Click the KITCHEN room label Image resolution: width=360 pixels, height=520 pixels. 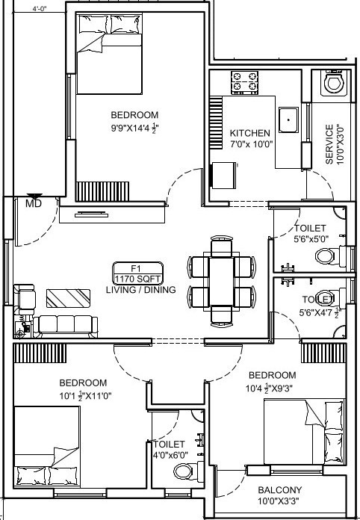click(x=250, y=133)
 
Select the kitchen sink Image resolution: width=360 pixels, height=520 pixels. click(x=288, y=120)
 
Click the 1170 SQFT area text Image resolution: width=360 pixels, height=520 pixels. click(x=138, y=279)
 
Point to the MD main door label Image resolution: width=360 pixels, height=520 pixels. click(x=34, y=203)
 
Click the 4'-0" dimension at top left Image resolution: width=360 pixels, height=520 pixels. click(x=40, y=8)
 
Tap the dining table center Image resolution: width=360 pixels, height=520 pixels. click(x=221, y=282)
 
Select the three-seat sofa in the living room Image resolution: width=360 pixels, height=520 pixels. click(x=65, y=326)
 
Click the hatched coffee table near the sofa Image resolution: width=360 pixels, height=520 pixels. click(x=68, y=298)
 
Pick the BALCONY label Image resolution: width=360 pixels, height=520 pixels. click(x=280, y=490)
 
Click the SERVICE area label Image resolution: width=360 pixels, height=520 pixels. click(x=329, y=144)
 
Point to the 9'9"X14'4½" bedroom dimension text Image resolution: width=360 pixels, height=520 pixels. click(x=135, y=128)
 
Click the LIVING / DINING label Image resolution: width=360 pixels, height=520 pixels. click(x=141, y=290)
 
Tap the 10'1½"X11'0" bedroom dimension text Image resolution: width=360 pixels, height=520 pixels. click(x=86, y=396)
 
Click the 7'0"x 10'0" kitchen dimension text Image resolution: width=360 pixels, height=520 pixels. click(x=252, y=144)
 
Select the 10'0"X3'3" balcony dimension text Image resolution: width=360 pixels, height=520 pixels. click(x=279, y=501)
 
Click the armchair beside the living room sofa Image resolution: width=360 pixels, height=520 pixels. click(x=24, y=299)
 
